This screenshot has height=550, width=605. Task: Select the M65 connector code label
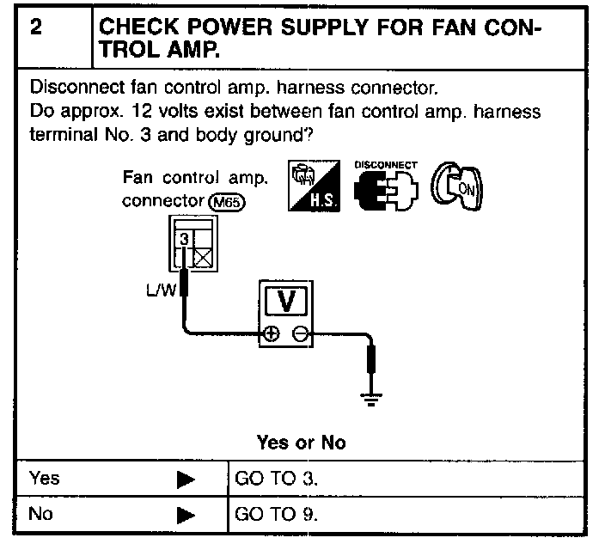230,203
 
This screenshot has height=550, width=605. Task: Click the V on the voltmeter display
289,301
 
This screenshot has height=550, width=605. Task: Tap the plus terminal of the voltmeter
272,335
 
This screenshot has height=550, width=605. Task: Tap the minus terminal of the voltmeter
298,335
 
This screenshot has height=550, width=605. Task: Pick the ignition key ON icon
457,184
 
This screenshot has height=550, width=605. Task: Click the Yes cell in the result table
45,478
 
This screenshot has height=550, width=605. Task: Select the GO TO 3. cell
275,478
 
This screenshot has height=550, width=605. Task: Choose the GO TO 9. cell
275,515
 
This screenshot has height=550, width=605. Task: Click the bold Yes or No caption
301,443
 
